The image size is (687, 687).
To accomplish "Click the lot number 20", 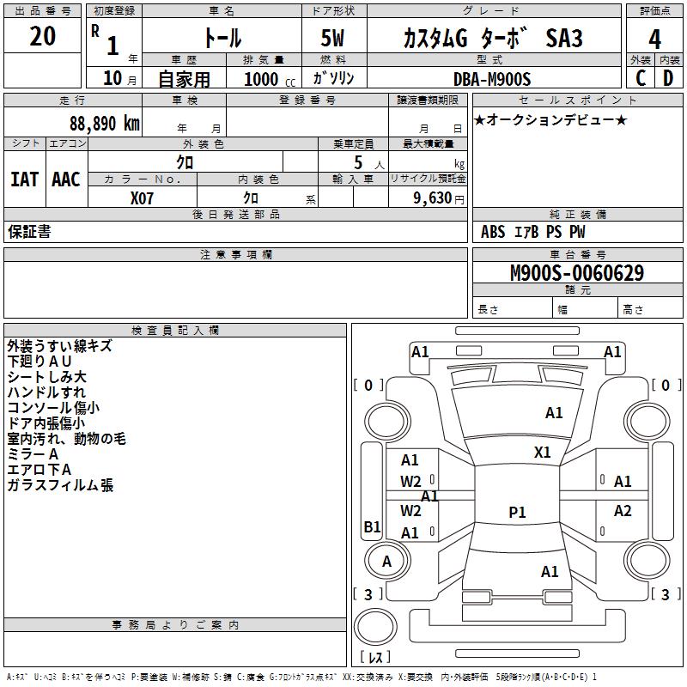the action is [42, 36].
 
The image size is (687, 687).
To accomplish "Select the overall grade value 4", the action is [654, 39].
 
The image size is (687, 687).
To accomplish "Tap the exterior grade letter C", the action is [641, 78].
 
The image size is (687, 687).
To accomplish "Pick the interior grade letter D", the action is [668, 78].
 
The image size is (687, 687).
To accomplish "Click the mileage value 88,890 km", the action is [104, 124].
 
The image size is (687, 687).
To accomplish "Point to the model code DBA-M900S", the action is [492, 79].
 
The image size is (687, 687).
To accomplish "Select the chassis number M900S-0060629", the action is [577, 273].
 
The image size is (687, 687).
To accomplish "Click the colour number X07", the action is [142, 198].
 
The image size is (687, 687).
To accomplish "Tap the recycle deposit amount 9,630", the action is [433, 198].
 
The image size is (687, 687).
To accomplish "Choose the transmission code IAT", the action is [24, 179].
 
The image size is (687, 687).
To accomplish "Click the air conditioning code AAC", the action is [66, 179].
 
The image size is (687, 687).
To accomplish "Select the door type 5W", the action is [332, 38].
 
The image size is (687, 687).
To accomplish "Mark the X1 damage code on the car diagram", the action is [542, 453].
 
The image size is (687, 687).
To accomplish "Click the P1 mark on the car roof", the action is [517, 512].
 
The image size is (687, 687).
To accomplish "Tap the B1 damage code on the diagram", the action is [372, 526].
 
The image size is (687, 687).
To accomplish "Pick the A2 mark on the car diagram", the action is [623, 510].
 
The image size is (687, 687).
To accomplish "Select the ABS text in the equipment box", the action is [493, 232].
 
